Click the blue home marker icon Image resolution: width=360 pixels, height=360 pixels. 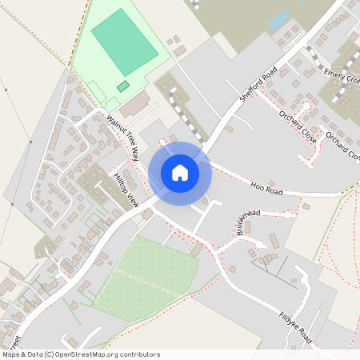tap(180, 172)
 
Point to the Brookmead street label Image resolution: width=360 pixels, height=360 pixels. tap(248, 215)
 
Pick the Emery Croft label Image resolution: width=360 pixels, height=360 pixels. tap(343, 76)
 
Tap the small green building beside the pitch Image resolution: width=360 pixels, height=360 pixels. tap(122, 86)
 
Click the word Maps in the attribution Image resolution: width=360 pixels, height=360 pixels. tap(11, 354)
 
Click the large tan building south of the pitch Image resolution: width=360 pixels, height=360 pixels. tap(135, 103)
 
